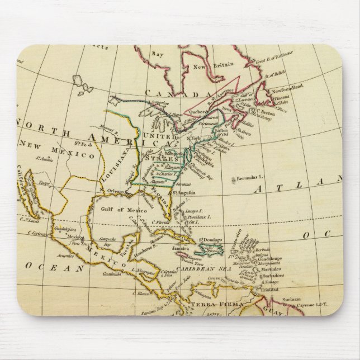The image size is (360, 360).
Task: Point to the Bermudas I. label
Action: [249, 178]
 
